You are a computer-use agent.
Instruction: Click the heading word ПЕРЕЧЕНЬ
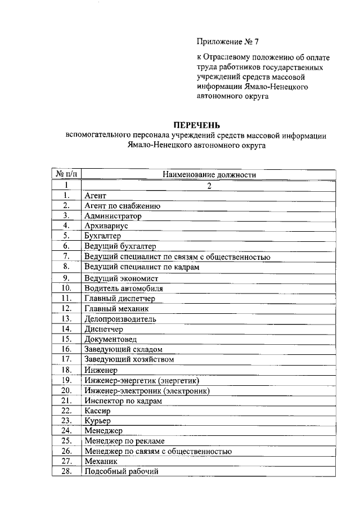(x=196, y=125)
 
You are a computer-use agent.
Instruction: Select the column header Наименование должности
(x=209, y=175)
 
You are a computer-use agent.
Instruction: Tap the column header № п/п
(x=66, y=175)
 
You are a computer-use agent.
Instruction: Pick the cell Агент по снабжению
(x=123, y=206)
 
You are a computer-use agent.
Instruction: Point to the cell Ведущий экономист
(x=121, y=278)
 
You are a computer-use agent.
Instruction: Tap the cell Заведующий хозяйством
(x=129, y=359)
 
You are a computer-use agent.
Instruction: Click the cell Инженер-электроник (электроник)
(x=147, y=390)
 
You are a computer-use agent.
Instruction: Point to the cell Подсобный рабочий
(x=122, y=471)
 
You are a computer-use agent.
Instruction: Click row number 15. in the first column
(x=66, y=339)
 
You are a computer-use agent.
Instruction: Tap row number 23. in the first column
(x=66, y=421)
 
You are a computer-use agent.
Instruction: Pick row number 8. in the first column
(x=66, y=267)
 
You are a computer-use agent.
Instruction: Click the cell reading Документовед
(x=110, y=339)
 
